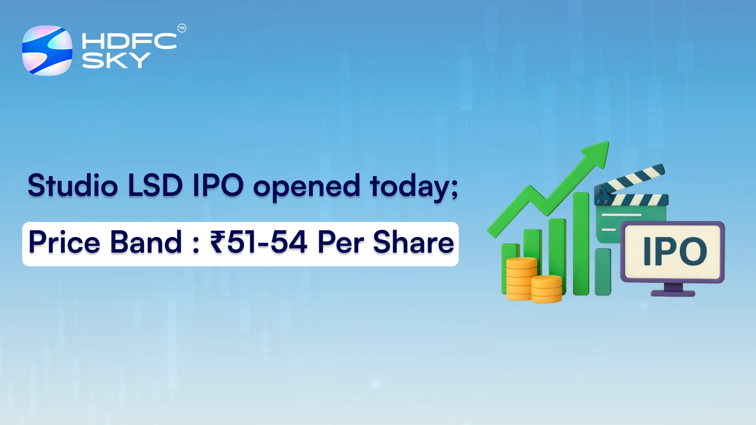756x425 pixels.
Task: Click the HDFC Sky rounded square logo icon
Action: click(x=47, y=51)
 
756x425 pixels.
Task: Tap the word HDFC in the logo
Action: click(x=129, y=41)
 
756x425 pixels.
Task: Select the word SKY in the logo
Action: click(x=116, y=60)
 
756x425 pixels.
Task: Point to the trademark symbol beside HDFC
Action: click(x=182, y=28)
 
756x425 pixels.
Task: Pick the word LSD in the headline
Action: click(x=155, y=185)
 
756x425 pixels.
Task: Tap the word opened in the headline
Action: click(x=307, y=187)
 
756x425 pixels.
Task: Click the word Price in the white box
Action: click(x=64, y=242)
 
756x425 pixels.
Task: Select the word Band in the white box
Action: click(x=146, y=242)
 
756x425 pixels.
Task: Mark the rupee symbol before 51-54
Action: click(x=218, y=242)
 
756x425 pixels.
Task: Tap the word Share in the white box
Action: click(x=413, y=242)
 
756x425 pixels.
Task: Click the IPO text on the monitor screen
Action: click(x=675, y=251)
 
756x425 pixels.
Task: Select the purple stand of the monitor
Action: click(x=673, y=290)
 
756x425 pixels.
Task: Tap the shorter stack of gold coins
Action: click(x=547, y=289)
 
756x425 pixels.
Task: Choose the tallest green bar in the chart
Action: click(x=581, y=243)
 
